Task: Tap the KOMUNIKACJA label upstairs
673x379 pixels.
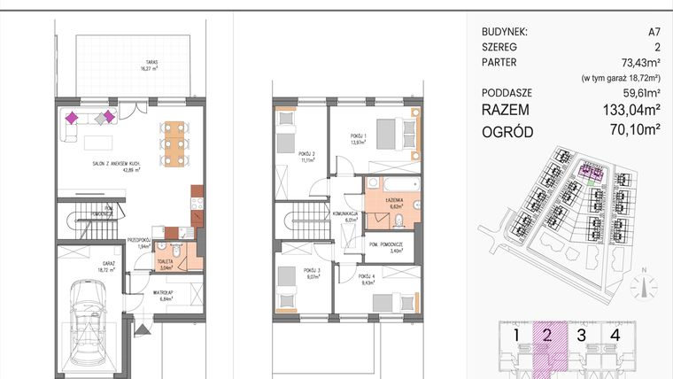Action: (345, 215)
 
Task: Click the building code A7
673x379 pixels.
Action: (654, 32)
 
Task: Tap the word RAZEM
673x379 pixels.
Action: (507, 110)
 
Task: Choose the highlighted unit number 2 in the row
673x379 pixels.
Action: (547, 335)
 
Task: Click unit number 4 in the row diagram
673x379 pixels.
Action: (615, 335)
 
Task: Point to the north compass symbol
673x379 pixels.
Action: (643, 287)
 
